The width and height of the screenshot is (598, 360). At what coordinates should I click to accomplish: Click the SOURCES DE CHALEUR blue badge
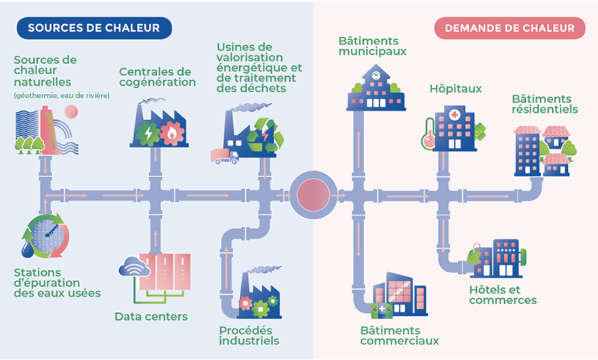click(94, 28)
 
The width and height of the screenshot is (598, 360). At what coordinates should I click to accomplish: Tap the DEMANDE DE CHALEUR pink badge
click(510, 28)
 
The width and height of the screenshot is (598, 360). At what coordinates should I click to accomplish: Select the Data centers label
click(151, 316)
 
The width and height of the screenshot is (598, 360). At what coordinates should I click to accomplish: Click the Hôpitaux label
click(456, 89)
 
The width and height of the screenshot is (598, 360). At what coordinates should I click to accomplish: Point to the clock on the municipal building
click(376, 75)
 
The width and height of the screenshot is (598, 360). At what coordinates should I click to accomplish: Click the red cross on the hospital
click(454, 114)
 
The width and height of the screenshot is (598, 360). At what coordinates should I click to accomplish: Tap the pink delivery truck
click(225, 156)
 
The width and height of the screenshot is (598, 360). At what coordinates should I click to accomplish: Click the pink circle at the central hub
click(314, 195)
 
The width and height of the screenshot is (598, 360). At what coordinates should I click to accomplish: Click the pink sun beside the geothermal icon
click(71, 112)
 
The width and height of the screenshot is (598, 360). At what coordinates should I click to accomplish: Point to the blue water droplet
click(27, 250)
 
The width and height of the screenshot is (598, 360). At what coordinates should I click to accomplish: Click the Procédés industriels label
click(249, 336)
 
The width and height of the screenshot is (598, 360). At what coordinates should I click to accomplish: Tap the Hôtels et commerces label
click(503, 295)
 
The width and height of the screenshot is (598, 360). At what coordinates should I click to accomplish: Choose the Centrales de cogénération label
click(157, 77)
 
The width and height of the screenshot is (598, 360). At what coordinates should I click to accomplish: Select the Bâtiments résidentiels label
click(545, 104)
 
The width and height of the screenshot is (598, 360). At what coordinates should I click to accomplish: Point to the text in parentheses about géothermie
click(62, 95)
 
